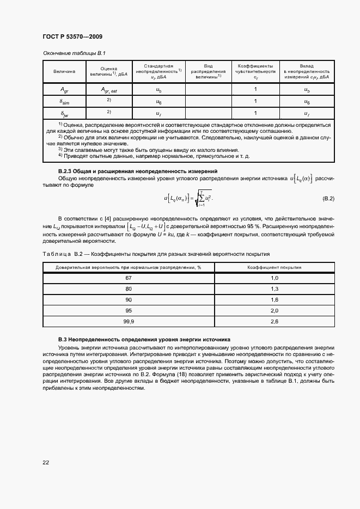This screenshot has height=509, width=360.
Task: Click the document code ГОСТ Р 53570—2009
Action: point(72,37)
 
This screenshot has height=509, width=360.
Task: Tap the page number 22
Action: point(46,463)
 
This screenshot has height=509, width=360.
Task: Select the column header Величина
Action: point(64,71)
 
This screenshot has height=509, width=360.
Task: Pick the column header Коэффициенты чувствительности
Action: point(255,71)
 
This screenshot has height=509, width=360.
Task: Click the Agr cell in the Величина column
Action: point(64,90)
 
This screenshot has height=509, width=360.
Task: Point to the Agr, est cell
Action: point(109,90)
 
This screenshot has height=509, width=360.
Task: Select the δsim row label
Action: point(64,101)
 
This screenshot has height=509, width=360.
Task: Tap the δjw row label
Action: point(64,113)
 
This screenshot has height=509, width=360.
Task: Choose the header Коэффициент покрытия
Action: point(274,267)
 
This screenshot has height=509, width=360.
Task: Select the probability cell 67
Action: point(129,278)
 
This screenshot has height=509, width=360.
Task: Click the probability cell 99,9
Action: point(129,322)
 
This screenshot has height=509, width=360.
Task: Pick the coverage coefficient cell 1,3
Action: point(274,289)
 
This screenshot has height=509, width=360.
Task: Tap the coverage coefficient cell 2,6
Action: point(274,322)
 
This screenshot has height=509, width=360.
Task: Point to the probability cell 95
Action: point(129,311)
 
